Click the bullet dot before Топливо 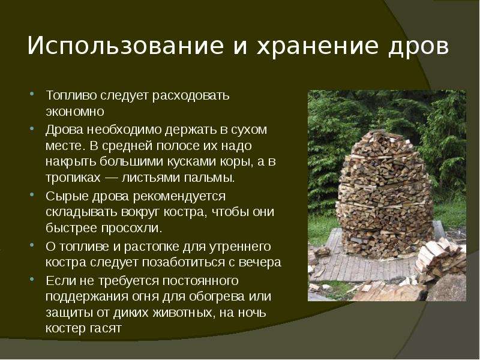[x=32, y=94]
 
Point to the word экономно [x=75, y=112]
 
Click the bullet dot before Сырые [x=32, y=194]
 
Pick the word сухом [x=248, y=130]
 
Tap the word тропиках [x=73, y=178]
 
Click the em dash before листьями [x=111, y=178]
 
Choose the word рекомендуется [x=179, y=197]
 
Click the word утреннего [x=240, y=247]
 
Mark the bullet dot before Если [x=32, y=279]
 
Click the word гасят [x=106, y=329]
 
